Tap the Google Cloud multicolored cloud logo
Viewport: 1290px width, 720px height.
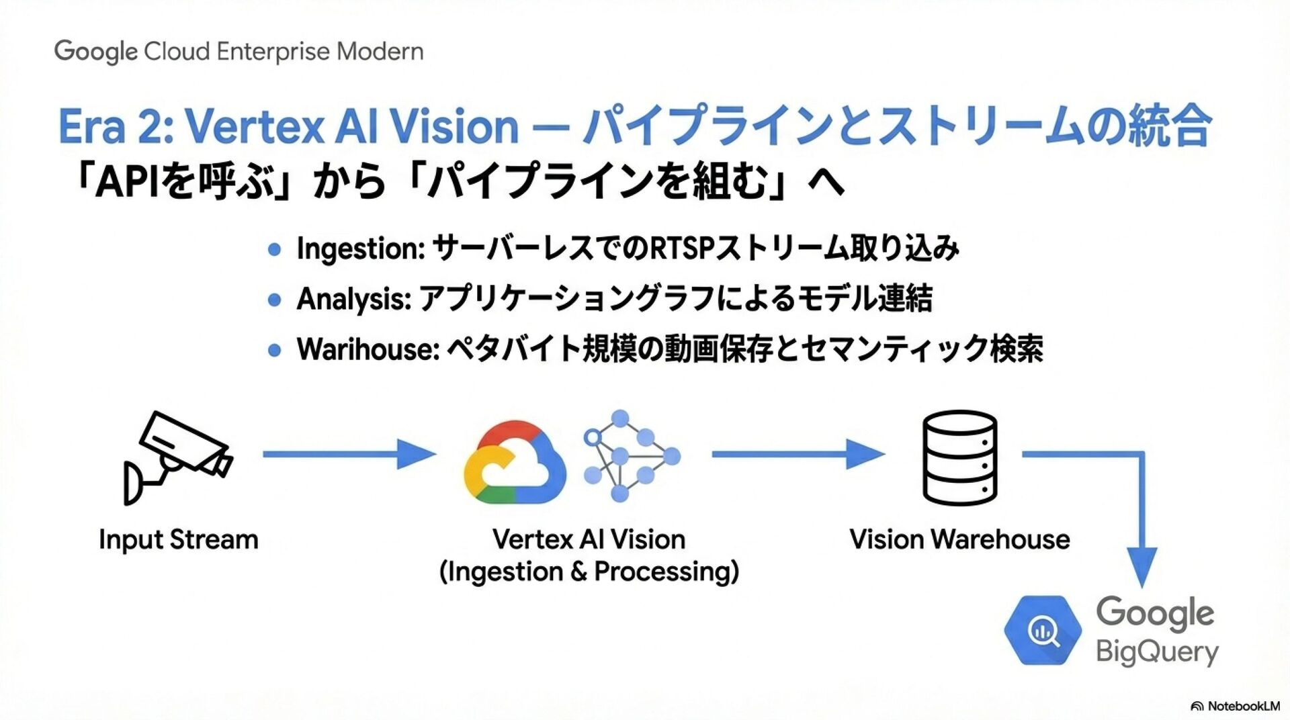(515, 463)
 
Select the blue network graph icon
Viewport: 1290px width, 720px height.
(630, 456)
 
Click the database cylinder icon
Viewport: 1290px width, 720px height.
(959, 457)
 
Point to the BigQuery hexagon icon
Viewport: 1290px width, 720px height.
(1043, 631)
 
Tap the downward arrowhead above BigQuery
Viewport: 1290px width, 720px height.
(1142, 567)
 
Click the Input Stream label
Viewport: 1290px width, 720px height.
(178, 539)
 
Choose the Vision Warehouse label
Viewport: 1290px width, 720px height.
(959, 539)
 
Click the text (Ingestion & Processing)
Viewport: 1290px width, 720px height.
(589, 572)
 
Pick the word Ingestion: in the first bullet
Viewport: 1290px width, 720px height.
(360, 249)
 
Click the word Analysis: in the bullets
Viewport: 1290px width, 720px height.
(353, 299)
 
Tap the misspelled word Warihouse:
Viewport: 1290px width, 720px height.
(368, 349)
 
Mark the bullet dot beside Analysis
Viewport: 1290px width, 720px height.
(274, 300)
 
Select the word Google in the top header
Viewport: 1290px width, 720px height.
(95, 52)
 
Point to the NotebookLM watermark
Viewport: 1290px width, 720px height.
(1236, 706)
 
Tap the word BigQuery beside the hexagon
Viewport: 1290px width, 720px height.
(1157, 652)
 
